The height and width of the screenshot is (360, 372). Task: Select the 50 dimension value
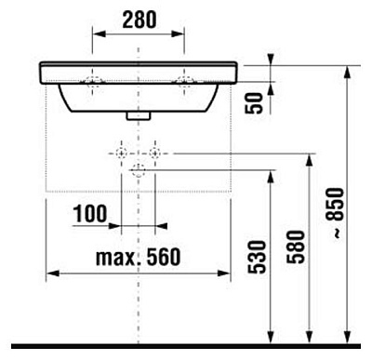tap(251, 102)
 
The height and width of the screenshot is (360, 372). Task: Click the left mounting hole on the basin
tap(91, 77)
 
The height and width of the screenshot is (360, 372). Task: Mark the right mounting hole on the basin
tap(185, 77)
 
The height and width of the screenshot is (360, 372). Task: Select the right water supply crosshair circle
tap(154, 151)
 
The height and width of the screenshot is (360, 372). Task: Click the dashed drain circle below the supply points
tap(138, 169)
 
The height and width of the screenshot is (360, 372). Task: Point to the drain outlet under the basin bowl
tap(138, 115)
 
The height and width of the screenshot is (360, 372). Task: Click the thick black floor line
tap(186, 346)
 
